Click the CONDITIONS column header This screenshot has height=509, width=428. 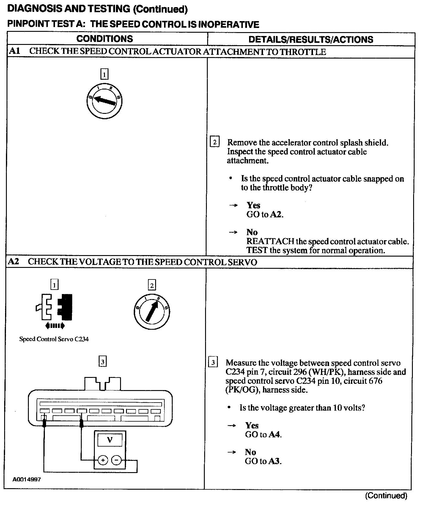point(105,39)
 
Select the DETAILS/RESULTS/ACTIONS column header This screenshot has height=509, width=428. point(311,40)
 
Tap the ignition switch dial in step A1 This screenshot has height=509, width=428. point(104,101)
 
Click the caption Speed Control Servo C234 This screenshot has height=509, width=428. point(54,339)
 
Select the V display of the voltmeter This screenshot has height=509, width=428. point(110,440)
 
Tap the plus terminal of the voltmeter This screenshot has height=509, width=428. point(103,461)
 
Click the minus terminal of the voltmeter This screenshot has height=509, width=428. point(116,461)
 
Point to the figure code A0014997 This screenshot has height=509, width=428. point(26,480)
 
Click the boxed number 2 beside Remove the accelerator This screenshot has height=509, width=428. point(215,142)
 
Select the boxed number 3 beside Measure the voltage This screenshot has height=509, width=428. point(213,362)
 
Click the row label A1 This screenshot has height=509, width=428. point(14,51)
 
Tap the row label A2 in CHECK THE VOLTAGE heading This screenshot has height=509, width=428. point(14,262)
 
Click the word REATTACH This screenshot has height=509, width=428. point(270,241)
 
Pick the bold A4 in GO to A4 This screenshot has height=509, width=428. point(274,434)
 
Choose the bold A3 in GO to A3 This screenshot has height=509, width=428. point(274,461)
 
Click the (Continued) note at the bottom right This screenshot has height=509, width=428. point(386,496)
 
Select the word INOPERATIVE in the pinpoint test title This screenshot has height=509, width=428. point(228,24)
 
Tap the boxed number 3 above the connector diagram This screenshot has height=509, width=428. point(102,362)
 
